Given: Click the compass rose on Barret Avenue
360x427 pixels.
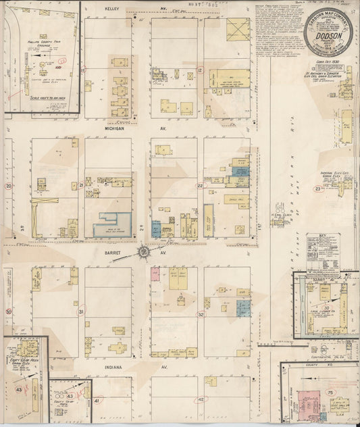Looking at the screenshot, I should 144,252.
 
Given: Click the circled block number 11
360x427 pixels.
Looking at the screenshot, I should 84,70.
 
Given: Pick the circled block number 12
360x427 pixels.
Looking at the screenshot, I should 201,70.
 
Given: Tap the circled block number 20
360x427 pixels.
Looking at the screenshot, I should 9,186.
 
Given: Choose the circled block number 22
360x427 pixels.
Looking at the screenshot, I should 200,186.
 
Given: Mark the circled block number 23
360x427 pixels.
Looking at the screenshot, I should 317,189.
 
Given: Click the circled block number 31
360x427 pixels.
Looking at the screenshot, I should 81,311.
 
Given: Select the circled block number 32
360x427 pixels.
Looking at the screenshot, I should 201,314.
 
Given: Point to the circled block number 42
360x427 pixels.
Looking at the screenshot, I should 201,399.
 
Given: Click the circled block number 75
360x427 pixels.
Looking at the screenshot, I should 330,393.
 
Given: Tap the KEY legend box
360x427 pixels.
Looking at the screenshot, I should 322,247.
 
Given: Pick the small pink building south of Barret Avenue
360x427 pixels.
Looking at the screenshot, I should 155,274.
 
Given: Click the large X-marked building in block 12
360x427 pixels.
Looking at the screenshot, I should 238,29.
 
